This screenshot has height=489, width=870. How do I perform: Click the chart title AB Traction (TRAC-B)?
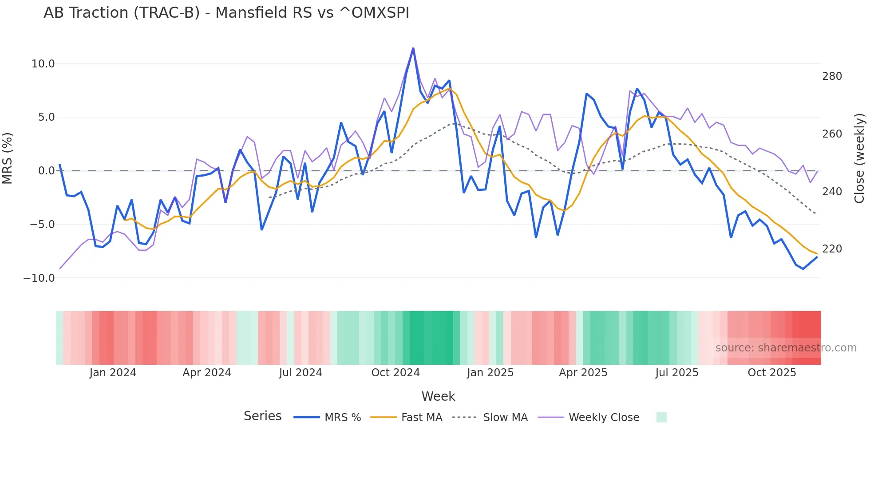(x=226, y=13)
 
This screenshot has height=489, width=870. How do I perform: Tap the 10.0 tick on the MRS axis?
(x=43, y=64)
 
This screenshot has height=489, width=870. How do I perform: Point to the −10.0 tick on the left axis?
(x=39, y=278)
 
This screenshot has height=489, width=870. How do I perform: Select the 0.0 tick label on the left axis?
(x=46, y=171)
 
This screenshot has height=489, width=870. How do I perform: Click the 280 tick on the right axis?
(x=832, y=76)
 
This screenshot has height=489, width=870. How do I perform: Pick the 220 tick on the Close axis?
(x=832, y=249)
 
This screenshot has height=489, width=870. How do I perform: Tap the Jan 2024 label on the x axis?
(x=113, y=373)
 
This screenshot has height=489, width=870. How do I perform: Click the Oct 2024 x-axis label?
(x=395, y=373)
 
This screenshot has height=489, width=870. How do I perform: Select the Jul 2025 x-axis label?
(x=677, y=373)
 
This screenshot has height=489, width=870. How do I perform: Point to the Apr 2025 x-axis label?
(x=583, y=373)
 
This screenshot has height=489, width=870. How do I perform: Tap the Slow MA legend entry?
(x=490, y=418)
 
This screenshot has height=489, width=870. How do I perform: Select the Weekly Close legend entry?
(x=589, y=418)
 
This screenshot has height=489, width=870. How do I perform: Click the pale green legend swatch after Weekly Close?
(x=661, y=417)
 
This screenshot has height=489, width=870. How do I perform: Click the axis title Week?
(x=438, y=396)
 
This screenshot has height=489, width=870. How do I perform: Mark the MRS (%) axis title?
(x=8, y=158)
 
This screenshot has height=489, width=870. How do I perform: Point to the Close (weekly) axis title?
(x=859, y=158)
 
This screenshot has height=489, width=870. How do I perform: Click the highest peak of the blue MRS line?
(x=413, y=48)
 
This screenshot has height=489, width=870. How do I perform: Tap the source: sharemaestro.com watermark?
(x=786, y=348)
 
